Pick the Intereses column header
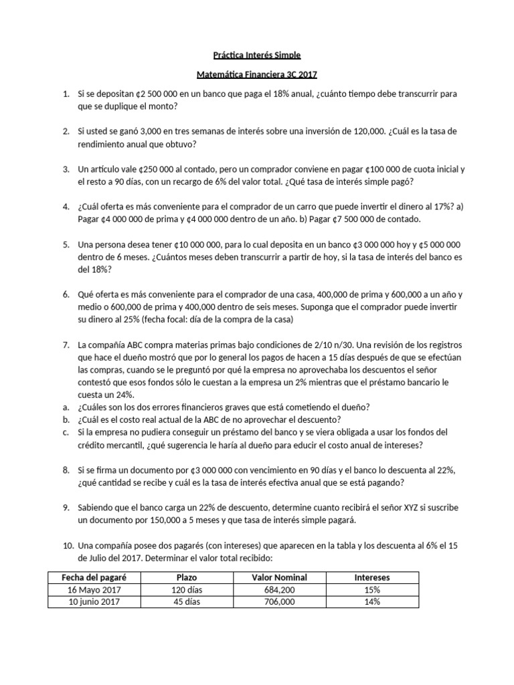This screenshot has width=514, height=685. (373, 577)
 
